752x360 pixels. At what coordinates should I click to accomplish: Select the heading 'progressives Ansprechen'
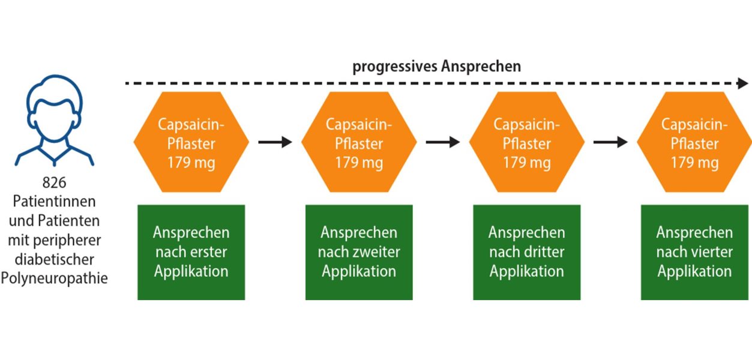pyautogui.click(x=436, y=67)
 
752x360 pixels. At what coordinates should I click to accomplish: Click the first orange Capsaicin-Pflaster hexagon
pyautogui.click(x=191, y=143)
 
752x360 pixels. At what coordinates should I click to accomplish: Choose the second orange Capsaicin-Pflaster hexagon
pyautogui.click(x=359, y=143)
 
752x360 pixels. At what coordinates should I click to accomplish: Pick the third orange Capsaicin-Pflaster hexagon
pyautogui.click(x=526, y=143)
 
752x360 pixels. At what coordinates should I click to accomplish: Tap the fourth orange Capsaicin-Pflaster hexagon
pyautogui.click(x=694, y=143)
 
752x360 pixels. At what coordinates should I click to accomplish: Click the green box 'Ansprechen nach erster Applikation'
pyautogui.click(x=191, y=252)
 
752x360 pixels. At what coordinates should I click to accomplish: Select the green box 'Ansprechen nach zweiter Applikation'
pyautogui.click(x=359, y=252)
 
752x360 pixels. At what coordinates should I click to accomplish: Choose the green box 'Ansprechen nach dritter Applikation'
pyautogui.click(x=526, y=252)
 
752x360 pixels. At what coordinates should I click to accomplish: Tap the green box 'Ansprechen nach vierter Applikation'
pyautogui.click(x=694, y=252)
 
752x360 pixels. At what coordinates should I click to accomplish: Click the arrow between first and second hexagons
pyautogui.click(x=275, y=142)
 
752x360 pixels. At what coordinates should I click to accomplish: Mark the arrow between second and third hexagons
pyautogui.click(x=443, y=142)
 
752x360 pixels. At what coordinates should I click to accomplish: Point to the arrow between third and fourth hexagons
pyautogui.click(x=610, y=142)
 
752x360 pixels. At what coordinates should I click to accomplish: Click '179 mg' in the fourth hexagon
pyautogui.click(x=694, y=163)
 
